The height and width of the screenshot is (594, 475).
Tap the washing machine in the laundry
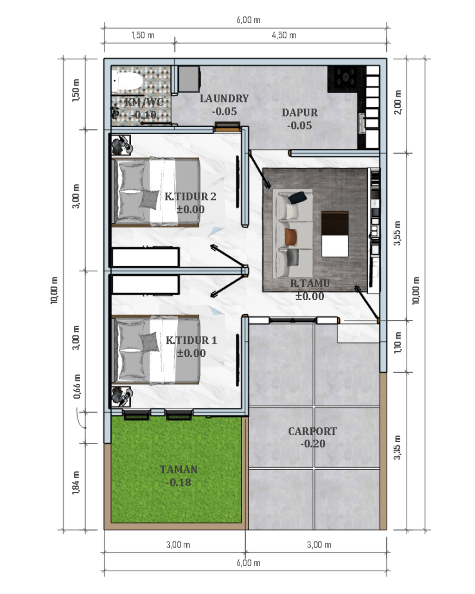pyautogui.click(x=189, y=79)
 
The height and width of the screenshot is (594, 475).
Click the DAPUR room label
pyautogui.click(x=300, y=113)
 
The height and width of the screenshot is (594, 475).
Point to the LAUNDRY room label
pyautogui.click(x=224, y=98)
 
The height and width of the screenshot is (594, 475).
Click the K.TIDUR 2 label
pyautogui.click(x=191, y=196)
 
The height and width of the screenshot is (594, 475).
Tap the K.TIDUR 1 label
pyautogui.click(x=191, y=340)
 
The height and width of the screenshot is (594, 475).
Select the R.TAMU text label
pyautogui.click(x=310, y=284)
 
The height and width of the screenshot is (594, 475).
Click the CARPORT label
pyautogui.click(x=313, y=431)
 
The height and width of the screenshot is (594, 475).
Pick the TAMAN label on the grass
pyautogui.click(x=179, y=469)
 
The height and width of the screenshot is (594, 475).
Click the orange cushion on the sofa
pyautogui.click(x=291, y=238)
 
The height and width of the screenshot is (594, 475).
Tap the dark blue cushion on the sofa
pyautogui.click(x=297, y=197)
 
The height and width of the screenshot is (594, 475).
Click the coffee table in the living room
pyautogui.click(x=335, y=234)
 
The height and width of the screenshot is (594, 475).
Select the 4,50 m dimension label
pyautogui.click(x=284, y=35)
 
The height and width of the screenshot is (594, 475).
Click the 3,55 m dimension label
pyautogui.click(x=398, y=233)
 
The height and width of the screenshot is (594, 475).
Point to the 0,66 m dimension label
pyautogui.click(x=77, y=387)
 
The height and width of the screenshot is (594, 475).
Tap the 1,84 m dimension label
pyautogui.click(x=76, y=483)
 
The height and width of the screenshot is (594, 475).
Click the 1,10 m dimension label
pyautogui.click(x=398, y=342)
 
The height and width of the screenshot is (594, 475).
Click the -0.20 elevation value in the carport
pyautogui.click(x=313, y=444)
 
